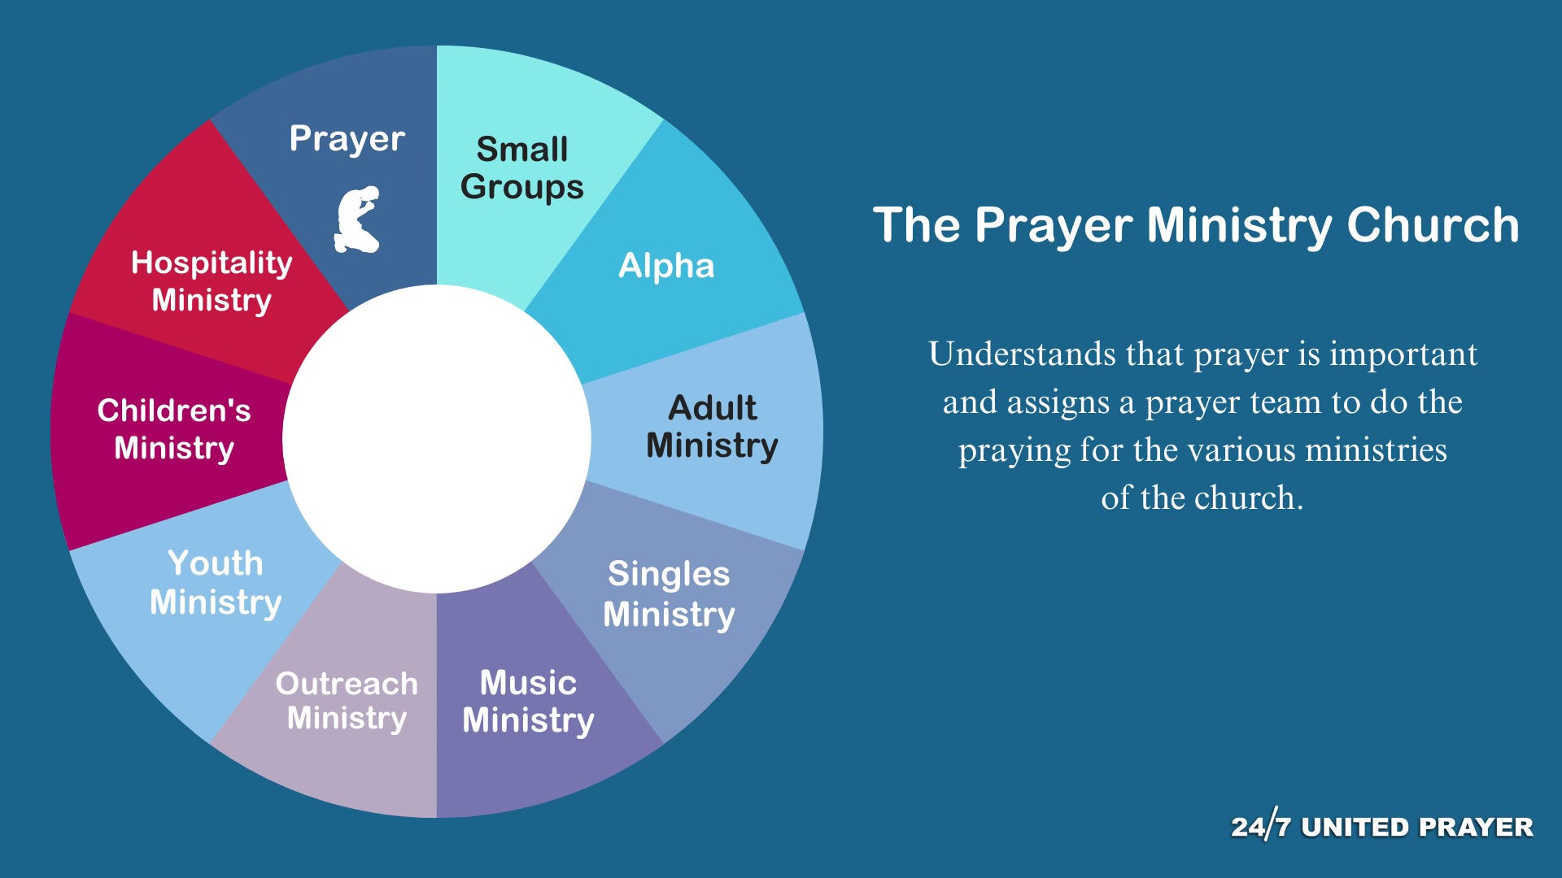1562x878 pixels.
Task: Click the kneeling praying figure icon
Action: [357, 219]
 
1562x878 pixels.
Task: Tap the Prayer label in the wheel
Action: [347, 139]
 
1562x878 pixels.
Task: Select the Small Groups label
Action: [522, 168]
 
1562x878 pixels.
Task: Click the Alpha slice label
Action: [666, 266]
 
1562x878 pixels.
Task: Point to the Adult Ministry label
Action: [712, 427]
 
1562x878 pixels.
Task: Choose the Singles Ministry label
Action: [669, 594]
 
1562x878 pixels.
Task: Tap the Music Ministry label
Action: [528, 702]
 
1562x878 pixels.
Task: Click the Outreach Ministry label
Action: [347, 701]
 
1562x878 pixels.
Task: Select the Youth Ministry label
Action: [216, 583]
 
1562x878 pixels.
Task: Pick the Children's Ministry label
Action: [174, 429]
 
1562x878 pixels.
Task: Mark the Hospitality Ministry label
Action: [212, 281]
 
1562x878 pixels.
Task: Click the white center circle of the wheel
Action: [437, 439]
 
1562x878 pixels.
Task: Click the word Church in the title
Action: [1433, 224]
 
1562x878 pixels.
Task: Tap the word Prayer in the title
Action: [1054, 226]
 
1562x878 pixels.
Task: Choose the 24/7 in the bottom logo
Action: [1261, 826]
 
